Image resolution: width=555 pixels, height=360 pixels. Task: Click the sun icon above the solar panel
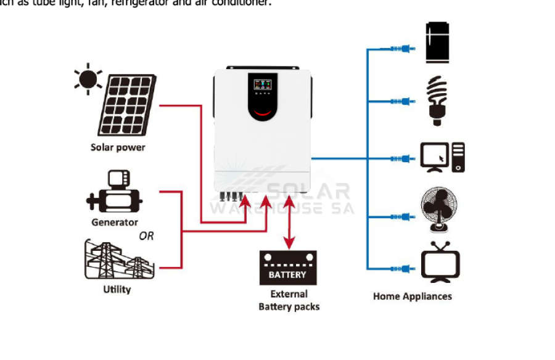[88, 78]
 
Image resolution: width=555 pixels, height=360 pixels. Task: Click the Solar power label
[118, 147]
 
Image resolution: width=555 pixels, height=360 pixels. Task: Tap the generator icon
[115, 193]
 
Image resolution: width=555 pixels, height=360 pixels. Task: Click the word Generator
[115, 222]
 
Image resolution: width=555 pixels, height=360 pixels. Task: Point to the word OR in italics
[146, 236]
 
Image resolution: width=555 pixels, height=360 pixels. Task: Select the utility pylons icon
[117, 260]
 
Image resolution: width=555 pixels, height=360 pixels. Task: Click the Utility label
[117, 289]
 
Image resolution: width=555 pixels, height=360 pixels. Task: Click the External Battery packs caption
[289, 300]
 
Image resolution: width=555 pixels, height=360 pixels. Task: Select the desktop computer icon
[442, 157]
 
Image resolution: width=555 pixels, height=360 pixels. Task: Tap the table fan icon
[438, 210]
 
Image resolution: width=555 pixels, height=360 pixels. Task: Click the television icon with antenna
[440, 261]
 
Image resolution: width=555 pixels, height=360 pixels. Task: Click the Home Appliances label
[412, 297]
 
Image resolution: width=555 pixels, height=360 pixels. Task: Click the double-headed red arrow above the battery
[288, 222]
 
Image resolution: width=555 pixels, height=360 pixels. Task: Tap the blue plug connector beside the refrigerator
[400, 49]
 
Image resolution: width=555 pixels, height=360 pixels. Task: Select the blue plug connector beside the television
[400, 268]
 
